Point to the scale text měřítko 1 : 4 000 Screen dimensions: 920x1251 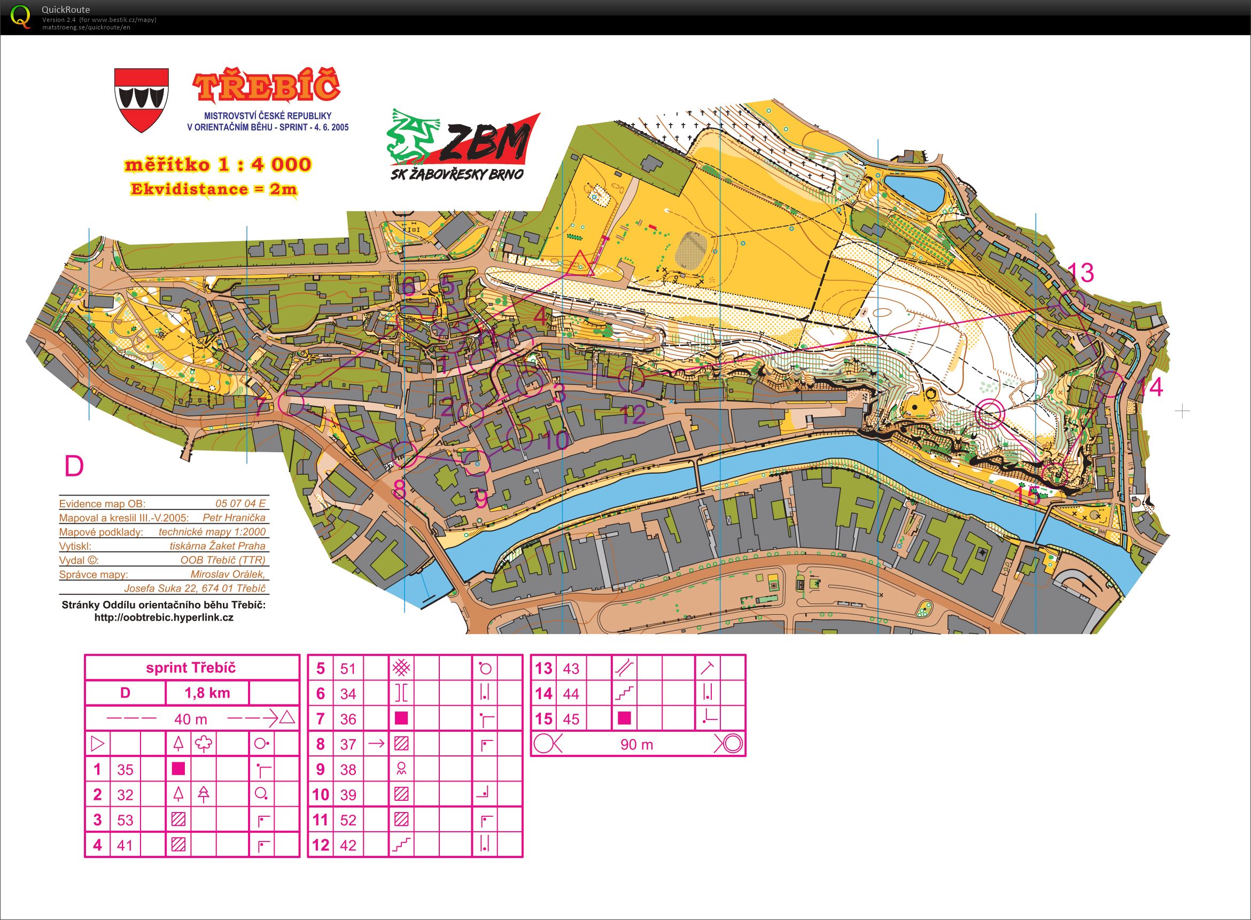[217, 165]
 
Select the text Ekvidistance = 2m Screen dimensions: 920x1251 [213, 189]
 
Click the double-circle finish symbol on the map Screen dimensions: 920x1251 [989, 414]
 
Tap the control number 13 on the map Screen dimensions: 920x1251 [1081, 273]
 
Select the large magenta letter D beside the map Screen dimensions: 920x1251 [74, 467]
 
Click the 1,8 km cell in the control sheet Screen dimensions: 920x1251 [207, 693]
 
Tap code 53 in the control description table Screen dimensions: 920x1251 [125, 820]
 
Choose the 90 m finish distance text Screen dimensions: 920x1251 [636, 745]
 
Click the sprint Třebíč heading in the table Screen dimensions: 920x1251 [191, 668]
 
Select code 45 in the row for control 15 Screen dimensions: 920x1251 [571, 719]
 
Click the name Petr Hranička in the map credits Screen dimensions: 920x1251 [234, 517]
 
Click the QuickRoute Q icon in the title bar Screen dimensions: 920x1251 [21, 16]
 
